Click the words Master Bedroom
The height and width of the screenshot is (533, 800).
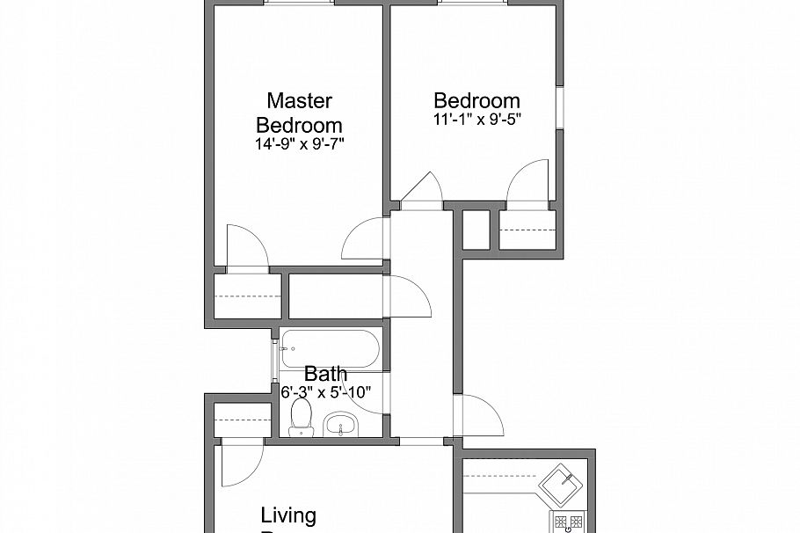click(x=298, y=112)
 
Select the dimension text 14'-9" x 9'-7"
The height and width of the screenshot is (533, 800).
click(x=298, y=142)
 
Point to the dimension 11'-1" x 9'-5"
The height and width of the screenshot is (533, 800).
click(x=476, y=120)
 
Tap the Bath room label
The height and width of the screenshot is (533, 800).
click(x=325, y=375)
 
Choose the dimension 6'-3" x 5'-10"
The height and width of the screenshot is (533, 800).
click(x=326, y=392)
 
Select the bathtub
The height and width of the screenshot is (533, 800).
click(x=331, y=349)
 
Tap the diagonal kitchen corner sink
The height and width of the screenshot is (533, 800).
click(x=563, y=482)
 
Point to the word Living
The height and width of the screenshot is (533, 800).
click(x=288, y=515)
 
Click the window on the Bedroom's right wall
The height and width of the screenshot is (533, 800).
click(x=558, y=111)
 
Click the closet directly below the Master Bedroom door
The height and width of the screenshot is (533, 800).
click(x=247, y=297)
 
